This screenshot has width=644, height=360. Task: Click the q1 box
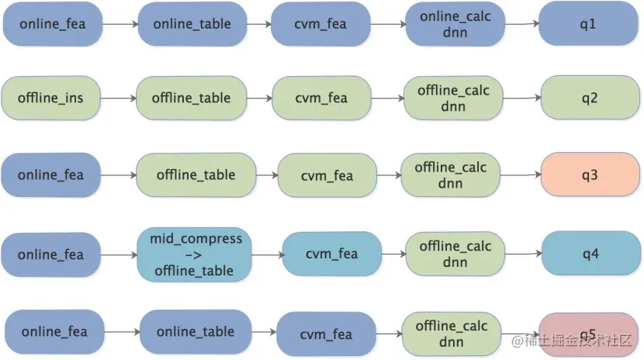click(x=588, y=24)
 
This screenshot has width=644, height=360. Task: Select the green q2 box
click(x=590, y=98)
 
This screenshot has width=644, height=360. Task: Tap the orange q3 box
click(x=590, y=175)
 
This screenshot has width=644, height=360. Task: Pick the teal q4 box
click(x=590, y=253)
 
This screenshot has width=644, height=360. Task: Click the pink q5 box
click(x=588, y=334)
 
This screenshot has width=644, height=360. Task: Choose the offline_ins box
click(x=50, y=98)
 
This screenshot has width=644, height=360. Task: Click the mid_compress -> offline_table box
click(x=194, y=254)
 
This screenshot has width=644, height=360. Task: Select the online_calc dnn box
click(x=455, y=24)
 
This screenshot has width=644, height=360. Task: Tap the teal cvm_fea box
click(x=332, y=254)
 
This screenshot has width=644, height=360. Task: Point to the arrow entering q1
click(x=521, y=24)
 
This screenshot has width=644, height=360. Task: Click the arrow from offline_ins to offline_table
click(x=118, y=98)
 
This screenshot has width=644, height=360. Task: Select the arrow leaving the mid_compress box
click(x=268, y=255)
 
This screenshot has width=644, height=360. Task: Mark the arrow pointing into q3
click(x=521, y=175)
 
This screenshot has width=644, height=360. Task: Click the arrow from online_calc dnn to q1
click(x=521, y=24)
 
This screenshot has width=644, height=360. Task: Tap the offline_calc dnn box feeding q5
click(x=452, y=334)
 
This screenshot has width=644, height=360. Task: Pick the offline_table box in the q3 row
click(x=196, y=175)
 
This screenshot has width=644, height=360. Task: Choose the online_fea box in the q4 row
click(x=50, y=254)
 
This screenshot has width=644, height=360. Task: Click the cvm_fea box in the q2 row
click(x=321, y=98)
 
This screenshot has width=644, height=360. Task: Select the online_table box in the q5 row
click(x=196, y=331)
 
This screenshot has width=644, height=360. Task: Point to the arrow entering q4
click(x=523, y=254)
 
